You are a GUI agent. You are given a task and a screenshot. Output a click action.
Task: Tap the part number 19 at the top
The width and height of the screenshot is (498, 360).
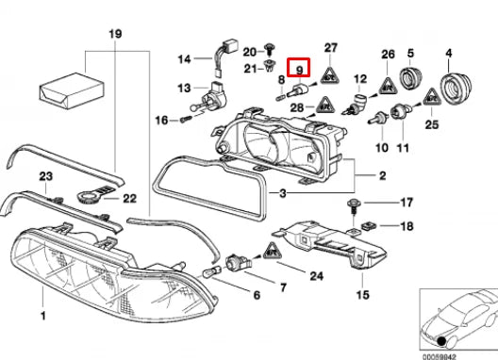pos(115,35)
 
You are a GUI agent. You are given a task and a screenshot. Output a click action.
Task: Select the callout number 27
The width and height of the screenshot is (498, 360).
pos(331,47)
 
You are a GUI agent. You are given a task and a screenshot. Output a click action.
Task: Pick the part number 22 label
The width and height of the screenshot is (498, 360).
pos(130,198)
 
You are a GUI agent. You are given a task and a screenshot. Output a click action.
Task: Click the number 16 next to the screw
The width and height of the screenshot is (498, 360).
pos(160,120)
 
